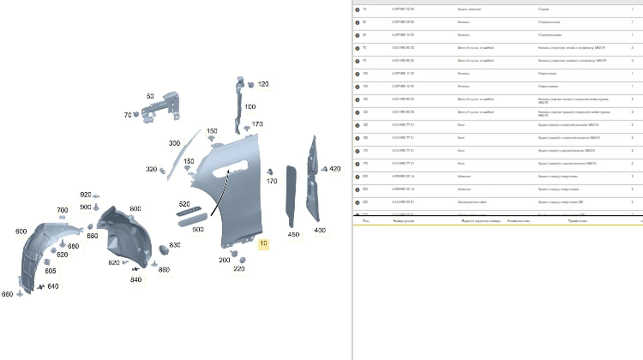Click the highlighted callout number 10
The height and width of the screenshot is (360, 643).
pyautogui.click(x=263, y=244)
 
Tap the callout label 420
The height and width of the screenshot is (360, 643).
pyautogui.click(x=335, y=169)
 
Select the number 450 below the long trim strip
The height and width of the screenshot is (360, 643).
pyautogui.click(x=293, y=235)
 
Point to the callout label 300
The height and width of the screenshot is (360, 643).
pyautogui.click(x=174, y=144)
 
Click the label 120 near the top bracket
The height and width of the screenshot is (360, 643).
pyautogui.click(x=263, y=84)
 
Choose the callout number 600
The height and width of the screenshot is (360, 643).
pyautogui.click(x=21, y=231)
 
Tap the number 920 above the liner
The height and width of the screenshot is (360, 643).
pyautogui.click(x=86, y=194)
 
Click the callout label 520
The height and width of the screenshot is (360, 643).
pyautogui.click(x=184, y=204)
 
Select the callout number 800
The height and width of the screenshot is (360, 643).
pyautogui.click(x=135, y=208)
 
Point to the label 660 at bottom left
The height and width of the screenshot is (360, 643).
pyautogui.click(x=7, y=294)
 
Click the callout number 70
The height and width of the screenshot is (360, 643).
pyautogui.click(x=128, y=115)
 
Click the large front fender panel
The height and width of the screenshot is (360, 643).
pyautogui.click(x=236, y=198)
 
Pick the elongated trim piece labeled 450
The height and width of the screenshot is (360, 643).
pyautogui.click(x=292, y=196)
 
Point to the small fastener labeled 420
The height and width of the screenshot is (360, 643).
pyautogui.click(x=324, y=169)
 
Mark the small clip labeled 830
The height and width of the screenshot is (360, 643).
pyautogui.click(x=164, y=250)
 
